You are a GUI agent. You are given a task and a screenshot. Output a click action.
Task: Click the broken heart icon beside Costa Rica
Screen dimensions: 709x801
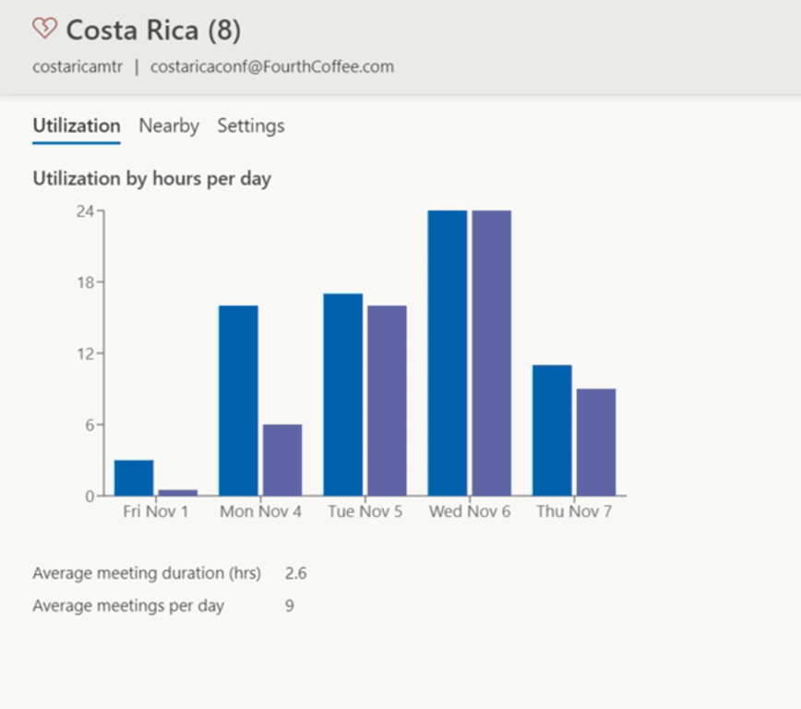44,29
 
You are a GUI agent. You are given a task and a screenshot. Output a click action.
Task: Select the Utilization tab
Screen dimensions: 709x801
77,126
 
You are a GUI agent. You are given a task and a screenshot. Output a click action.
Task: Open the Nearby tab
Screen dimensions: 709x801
169,126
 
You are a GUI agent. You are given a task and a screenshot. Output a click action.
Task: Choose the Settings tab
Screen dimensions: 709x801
251,126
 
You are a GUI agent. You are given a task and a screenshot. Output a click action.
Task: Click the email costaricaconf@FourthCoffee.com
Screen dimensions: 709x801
272,66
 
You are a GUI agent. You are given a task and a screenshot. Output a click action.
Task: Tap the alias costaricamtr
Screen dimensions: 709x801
78,66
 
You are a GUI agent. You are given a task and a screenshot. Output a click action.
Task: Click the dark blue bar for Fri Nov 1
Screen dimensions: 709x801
134,478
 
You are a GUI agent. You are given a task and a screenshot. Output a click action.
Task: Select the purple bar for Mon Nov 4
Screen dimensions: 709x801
282,460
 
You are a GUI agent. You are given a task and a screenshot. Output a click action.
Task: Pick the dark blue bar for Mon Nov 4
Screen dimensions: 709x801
238,401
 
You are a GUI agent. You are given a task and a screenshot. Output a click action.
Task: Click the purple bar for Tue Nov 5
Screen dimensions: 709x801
387,401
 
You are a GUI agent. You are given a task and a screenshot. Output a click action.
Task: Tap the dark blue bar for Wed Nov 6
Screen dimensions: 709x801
448,354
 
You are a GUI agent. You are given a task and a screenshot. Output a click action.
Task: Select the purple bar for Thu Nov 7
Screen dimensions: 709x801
596,442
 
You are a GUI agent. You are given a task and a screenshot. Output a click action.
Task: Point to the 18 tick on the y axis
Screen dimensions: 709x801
85,282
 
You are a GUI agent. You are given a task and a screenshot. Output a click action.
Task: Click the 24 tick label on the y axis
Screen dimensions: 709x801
85,211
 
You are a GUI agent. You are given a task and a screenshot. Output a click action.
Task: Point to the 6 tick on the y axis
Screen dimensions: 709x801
90,425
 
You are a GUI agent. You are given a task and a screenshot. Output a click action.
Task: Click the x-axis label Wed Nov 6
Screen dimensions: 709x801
470,511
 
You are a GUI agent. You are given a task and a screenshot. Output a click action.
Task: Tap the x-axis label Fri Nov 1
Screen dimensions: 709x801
155,511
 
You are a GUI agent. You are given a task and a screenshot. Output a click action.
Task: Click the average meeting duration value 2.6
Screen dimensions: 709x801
295,573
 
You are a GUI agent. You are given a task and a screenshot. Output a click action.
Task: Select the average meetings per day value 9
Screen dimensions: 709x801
290,606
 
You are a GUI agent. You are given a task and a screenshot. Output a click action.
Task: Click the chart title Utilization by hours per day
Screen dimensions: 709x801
151,178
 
